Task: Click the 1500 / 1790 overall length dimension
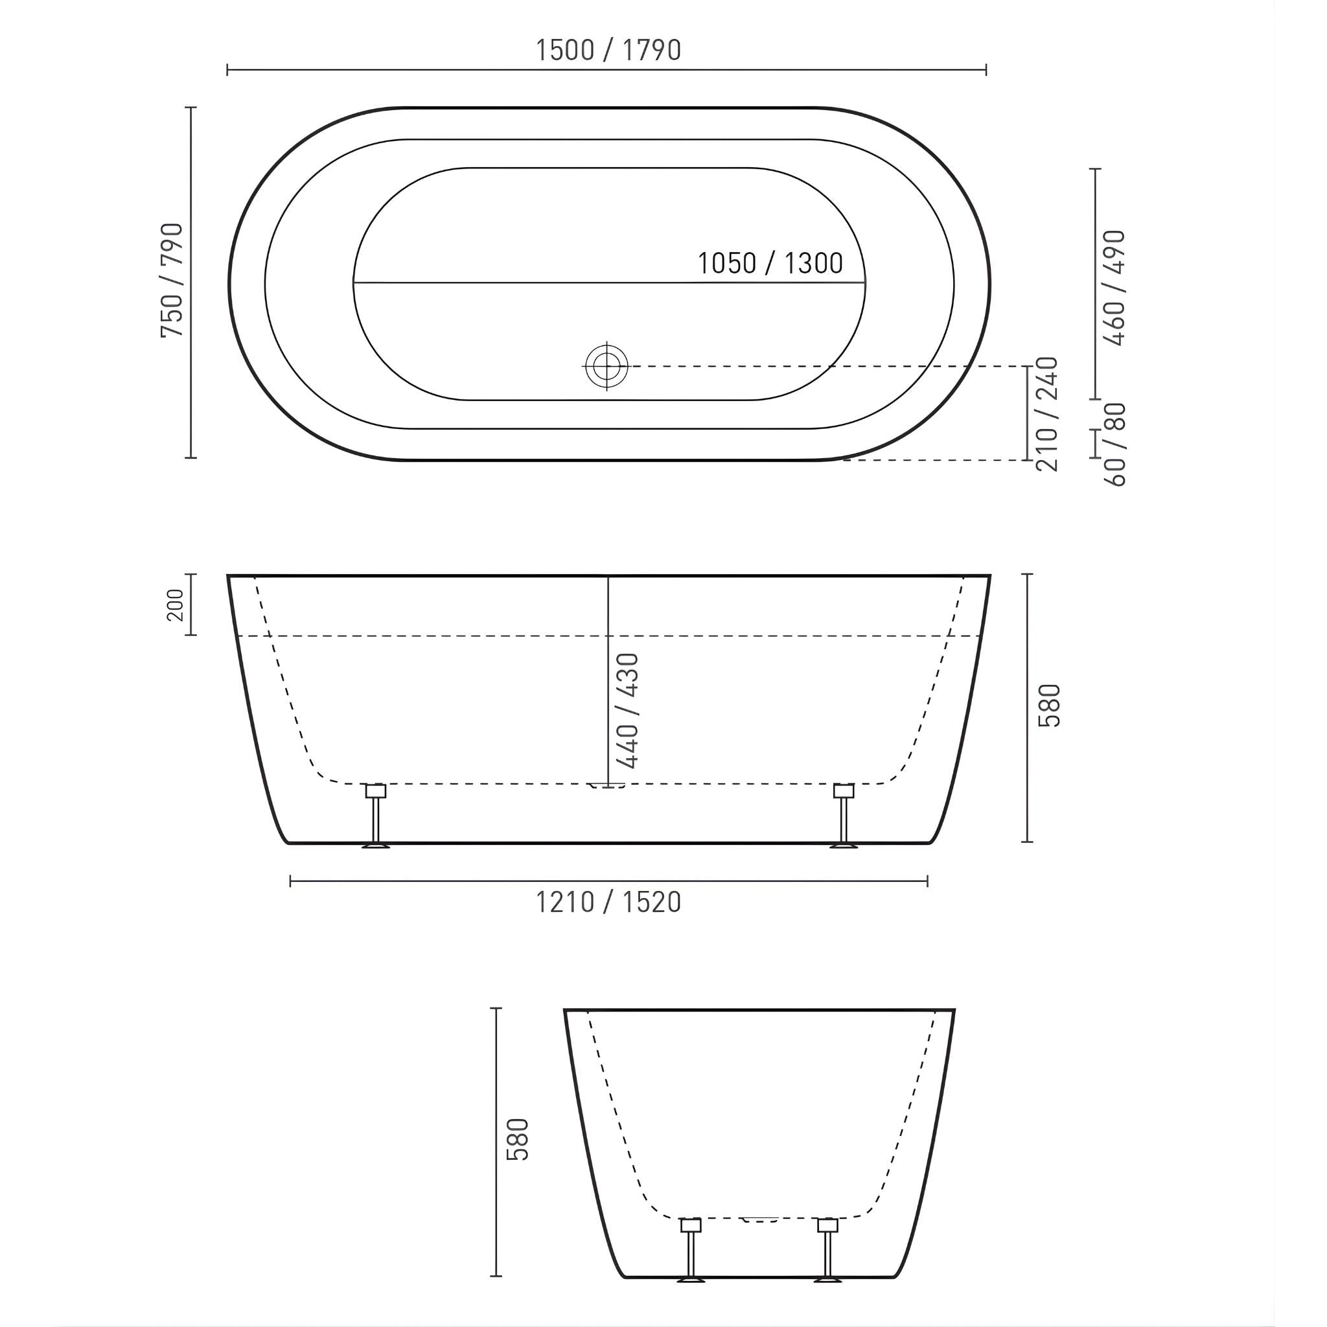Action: point(608,50)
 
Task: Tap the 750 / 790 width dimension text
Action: point(172,280)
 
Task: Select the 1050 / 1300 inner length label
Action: point(770,263)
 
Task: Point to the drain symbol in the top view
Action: point(606,366)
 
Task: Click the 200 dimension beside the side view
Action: point(176,605)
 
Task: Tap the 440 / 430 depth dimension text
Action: point(628,710)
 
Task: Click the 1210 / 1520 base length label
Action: point(608,903)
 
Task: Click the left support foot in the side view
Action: point(376,816)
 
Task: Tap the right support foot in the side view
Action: point(844,816)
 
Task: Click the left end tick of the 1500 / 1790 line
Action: point(228,69)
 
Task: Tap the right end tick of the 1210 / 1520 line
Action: point(927,881)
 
